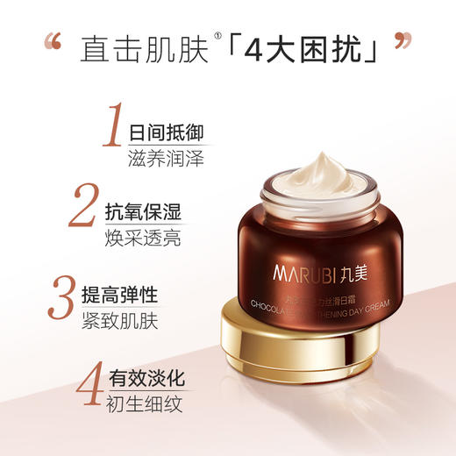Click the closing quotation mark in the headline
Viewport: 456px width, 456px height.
click(x=403, y=43)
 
